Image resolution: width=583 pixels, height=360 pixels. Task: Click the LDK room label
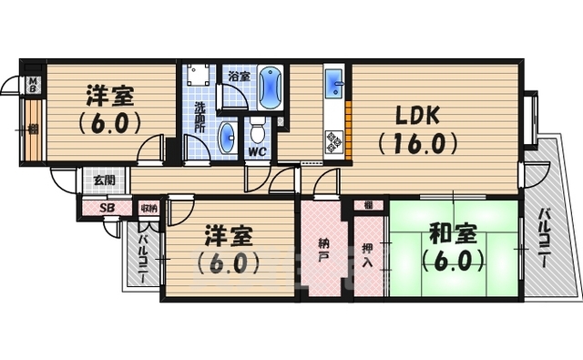[418, 117]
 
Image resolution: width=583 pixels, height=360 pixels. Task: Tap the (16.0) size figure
[418, 144]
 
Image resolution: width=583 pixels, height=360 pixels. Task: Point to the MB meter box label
[33, 87]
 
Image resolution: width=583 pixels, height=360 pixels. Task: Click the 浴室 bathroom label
[240, 77]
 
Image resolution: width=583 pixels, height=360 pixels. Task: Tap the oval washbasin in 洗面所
[228, 139]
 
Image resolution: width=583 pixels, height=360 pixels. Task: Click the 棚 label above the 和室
[368, 205]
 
